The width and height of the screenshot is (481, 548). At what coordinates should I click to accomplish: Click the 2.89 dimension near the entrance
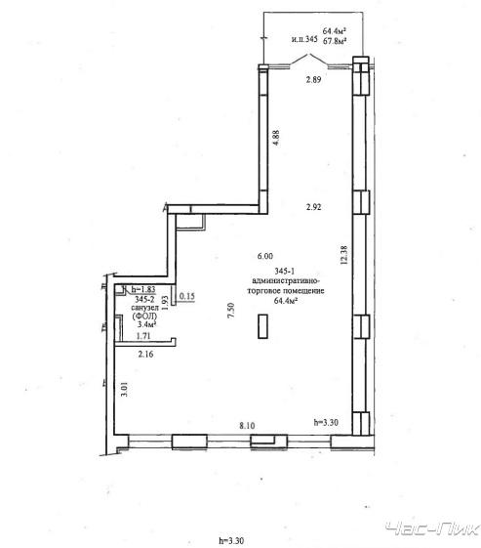[x=313, y=79]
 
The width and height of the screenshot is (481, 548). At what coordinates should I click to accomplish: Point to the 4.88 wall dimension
[x=276, y=138]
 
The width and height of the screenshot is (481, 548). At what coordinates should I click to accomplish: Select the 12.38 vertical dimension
[x=343, y=255]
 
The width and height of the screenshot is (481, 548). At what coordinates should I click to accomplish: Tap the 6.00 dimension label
[x=265, y=256]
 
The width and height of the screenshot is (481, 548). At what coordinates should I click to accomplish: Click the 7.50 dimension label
[x=230, y=310]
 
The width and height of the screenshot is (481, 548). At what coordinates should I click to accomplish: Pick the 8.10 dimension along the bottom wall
[x=247, y=426]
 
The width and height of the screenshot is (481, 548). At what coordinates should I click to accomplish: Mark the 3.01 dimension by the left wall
[x=124, y=389]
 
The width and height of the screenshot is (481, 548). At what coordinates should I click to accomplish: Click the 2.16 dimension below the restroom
[x=145, y=354]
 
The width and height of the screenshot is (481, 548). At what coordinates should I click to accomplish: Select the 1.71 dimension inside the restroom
[x=143, y=336]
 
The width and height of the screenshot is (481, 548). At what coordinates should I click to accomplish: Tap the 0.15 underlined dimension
[x=186, y=296]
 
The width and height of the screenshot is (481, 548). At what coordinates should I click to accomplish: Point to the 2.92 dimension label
[x=313, y=207]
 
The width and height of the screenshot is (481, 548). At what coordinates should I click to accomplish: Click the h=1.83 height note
[x=143, y=289]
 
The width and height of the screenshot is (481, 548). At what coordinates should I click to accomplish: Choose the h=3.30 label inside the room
[x=326, y=422]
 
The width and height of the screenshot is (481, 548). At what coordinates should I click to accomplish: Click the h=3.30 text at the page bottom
[x=231, y=540]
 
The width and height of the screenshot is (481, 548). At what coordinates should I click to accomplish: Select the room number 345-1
[x=285, y=271]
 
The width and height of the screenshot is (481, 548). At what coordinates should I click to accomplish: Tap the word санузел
[x=144, y=308]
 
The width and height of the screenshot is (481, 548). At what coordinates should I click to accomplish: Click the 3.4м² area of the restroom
[x=146, y=324]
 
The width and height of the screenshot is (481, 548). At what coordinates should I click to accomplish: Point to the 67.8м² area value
[x=335, y=41]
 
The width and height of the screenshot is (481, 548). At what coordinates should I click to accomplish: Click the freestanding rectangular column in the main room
[x=262, y=326]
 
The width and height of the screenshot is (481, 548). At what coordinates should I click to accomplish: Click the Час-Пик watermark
[x=432, y=528]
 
